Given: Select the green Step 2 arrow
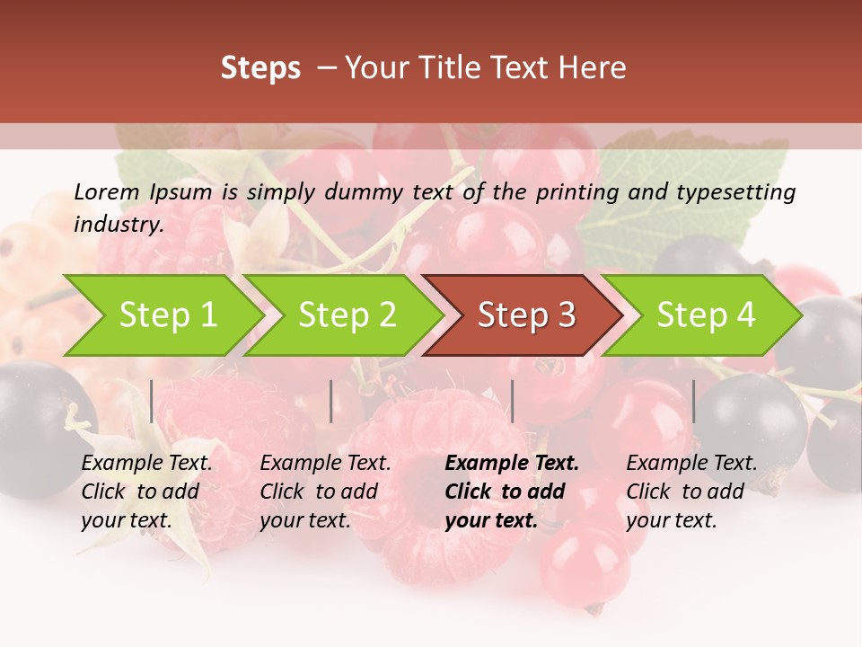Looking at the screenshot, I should [x=347, y=315].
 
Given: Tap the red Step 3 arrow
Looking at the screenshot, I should [x=526, y=315].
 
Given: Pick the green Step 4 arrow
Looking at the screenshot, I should [x=706, y=315].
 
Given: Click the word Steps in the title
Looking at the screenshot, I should [x=260, y=68].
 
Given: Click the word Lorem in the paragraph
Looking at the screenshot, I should [x=107, y=191].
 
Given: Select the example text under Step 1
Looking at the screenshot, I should [x=146, y=492].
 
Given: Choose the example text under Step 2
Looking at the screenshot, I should [x=325, y=492].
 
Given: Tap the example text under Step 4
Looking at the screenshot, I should [x=691, y=492].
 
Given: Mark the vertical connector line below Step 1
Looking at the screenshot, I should [x=152, y=401].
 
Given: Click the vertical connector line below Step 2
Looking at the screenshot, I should [x=331, y=401].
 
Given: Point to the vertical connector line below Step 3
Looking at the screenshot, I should [x=512, y=401].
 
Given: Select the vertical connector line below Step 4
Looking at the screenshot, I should [x=693, y=401].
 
